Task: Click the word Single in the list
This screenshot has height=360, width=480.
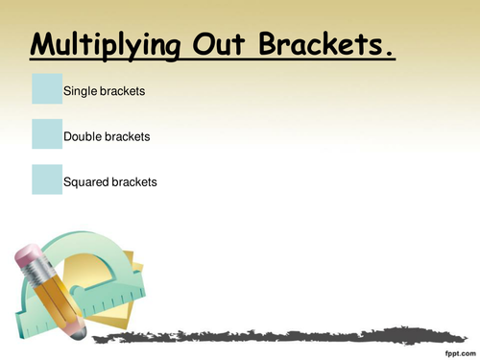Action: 81,91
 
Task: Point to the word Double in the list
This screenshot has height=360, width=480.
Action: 84,136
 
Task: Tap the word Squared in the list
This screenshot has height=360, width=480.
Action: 85,181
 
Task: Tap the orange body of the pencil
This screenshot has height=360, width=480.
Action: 53,293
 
